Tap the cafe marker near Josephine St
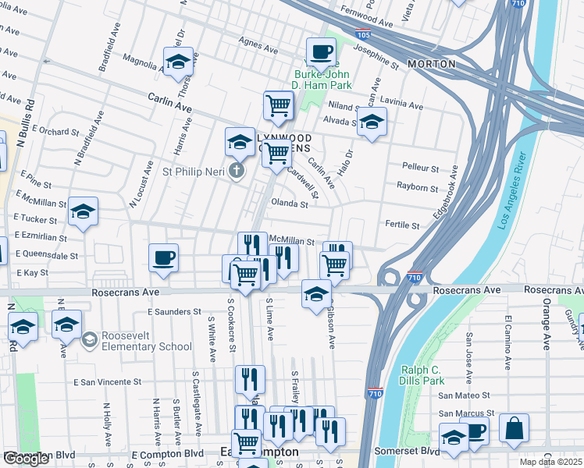pos(320,52)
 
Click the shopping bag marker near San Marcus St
pos(514,428)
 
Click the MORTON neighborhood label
pos(431,63)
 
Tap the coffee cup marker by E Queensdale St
pos(163,258)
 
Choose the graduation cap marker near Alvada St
pos(372,121)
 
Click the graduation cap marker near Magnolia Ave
pos(178,62)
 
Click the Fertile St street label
pos(402,225)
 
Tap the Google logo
pos(27,459)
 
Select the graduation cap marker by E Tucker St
pos(83,211)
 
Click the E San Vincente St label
pos(108,383)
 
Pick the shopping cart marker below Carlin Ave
pos(278,105)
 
